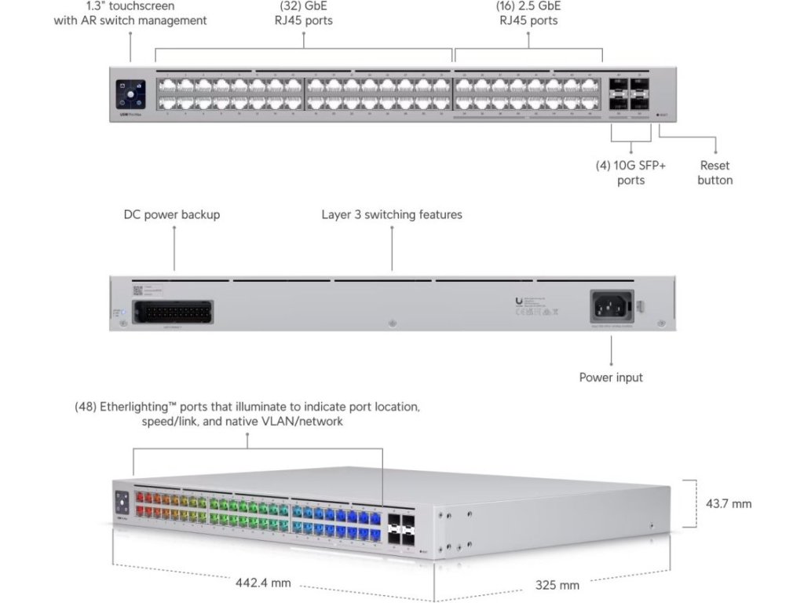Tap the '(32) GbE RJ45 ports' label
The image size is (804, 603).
pos(305,13)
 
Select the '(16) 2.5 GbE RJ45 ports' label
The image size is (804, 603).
pos(528,13)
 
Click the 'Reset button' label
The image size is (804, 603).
pos(714,173)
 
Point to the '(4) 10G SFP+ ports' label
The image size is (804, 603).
pos(630,173)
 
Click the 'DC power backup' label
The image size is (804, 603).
pos(171,214)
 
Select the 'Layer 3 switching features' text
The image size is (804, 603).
pos(392,214)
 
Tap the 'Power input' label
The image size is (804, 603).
pos(611,378)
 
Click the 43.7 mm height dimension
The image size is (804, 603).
pos(729,503)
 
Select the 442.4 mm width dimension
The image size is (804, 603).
pos(263,583)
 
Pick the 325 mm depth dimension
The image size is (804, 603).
pos(557,585)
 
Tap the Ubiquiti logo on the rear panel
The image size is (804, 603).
pos(519,301)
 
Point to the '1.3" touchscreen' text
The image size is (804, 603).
pos(130,5)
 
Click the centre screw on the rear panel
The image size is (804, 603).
pos(392,322)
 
